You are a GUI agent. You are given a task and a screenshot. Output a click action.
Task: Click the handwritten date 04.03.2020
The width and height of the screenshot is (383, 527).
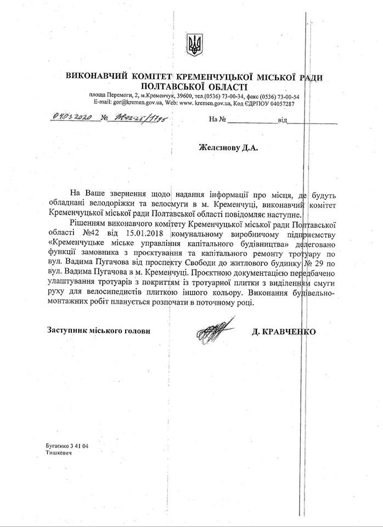pos(71,117)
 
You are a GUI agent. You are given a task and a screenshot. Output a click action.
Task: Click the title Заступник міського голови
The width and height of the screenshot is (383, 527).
pos(99,331)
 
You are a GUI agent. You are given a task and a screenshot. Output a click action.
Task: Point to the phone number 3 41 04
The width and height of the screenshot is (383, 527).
pos(78,446)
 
